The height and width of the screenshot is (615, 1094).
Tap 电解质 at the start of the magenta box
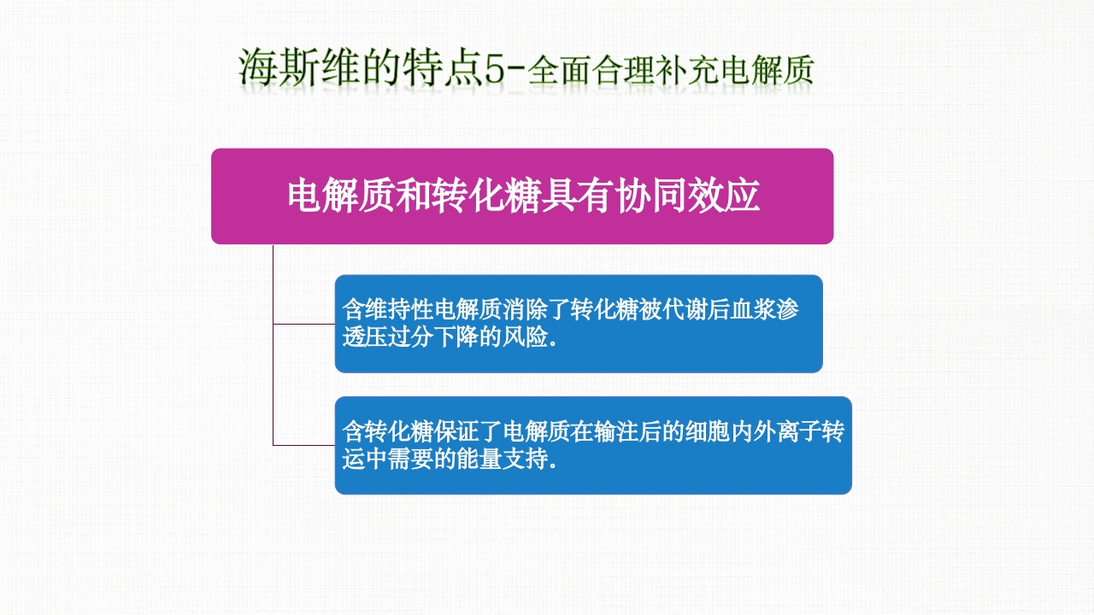pyautogui.click(x=328, y=196)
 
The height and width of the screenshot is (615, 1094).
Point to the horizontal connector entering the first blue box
pyautogui.click(x=303, y=324)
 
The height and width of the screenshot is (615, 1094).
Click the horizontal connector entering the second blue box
pyautogui.click(x=303, y=445)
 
